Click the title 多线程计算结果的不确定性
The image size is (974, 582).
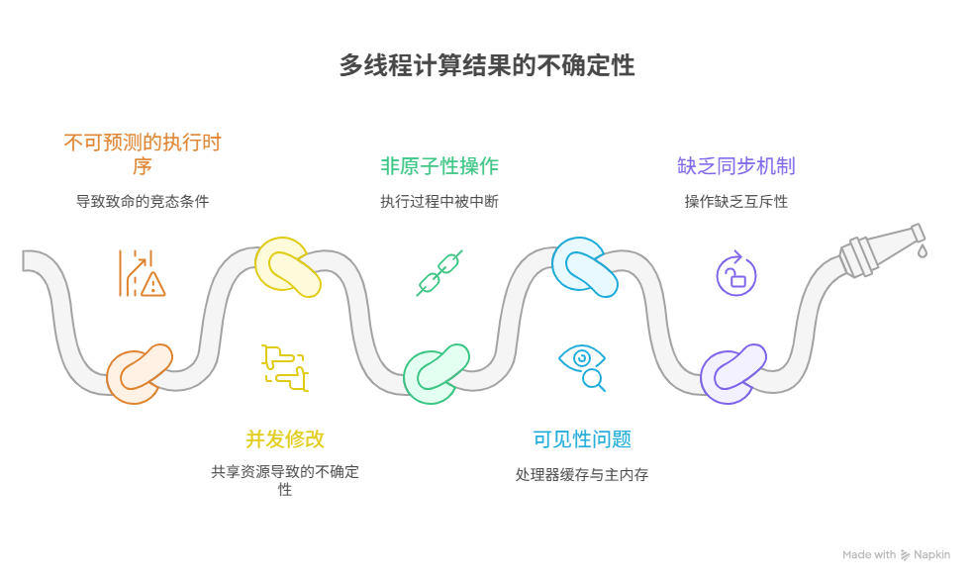[x=487, y=66]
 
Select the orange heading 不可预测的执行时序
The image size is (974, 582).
[x=143, y=153]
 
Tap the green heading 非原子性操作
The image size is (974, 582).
[x=439, y=165]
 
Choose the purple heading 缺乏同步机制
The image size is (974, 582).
[x=736, y=165]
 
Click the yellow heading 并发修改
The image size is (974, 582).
[x=285, y=439]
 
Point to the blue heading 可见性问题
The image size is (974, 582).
[x=582, y=439]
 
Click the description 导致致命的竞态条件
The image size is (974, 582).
[x=143, y=201]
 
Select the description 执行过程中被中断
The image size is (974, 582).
[x=439, y=201]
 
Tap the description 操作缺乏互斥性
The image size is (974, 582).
[x=736, y=201]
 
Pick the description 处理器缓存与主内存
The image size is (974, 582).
[x=582, y=475]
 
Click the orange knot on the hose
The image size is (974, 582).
[x=139, y=372]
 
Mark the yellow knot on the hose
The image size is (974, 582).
[x=287, y=267]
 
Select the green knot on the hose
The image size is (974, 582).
[x=435, y=372]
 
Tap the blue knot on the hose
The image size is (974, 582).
[x=584, y=267]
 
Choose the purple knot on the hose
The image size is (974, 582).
[x=732, y=372]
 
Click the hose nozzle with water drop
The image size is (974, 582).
[x=882, y=247]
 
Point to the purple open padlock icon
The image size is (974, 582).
[x=735, y=273]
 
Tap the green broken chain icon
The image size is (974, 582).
[x=439, y=273]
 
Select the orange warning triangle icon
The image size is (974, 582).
[x=151, y=285]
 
